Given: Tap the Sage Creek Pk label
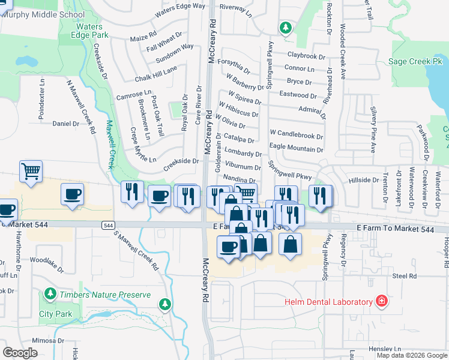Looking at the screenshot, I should coord(415,61).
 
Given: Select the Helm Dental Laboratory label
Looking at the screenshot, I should coord(329,301).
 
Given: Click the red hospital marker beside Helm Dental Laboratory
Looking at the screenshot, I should coord(381,301).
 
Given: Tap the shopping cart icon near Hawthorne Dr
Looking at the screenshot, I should coord(31,171).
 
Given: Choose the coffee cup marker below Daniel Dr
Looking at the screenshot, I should coord(72,194).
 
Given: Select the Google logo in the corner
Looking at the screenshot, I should coord(20,352).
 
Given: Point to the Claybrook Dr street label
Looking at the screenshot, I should coord(306,56).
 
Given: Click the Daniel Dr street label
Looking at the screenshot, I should coord(65,124).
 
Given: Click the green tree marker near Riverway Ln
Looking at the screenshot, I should coord(286,27).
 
